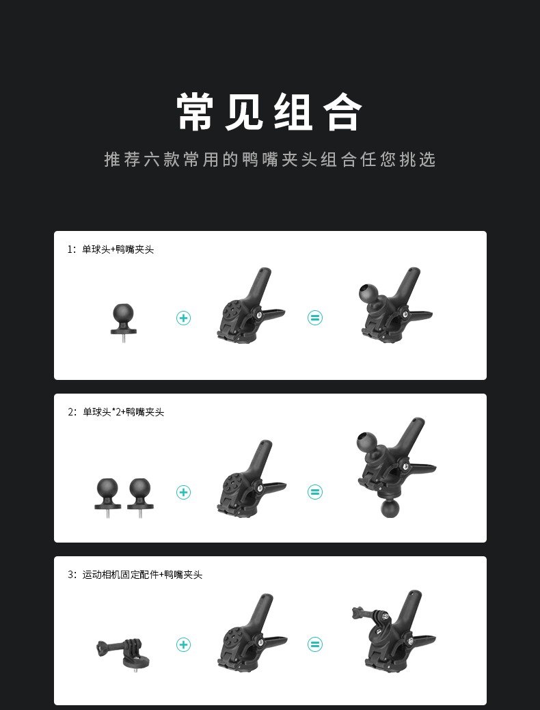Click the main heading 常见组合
269,112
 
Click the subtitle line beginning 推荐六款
270,159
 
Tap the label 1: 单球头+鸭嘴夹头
111,249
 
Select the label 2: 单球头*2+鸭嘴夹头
116,412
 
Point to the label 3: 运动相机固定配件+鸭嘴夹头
135,575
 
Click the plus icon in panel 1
183,318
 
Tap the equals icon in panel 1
315,318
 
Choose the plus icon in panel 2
183,492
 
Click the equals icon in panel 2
315,492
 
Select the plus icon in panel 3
183,644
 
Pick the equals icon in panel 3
315,644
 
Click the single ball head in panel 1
124,318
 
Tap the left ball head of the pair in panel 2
107,494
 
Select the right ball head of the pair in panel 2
140,494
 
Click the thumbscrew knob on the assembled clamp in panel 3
357,613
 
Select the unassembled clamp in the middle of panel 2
251,479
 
